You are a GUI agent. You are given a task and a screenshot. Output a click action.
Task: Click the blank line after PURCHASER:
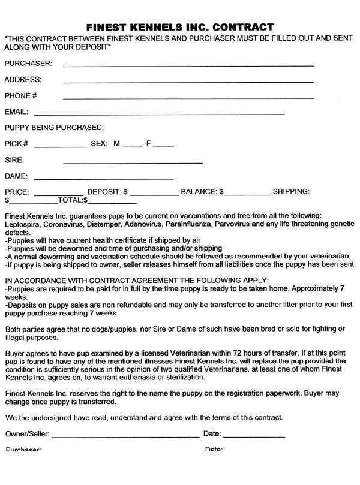pos(188,64)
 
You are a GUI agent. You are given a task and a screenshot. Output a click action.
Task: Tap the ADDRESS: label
pos(23,80)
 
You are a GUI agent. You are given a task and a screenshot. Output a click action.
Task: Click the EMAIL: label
pos(16,112)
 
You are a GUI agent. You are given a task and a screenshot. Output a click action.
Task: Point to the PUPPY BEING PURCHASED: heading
pos(54,128)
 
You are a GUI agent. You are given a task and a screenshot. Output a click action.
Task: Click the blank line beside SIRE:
pos(133,162)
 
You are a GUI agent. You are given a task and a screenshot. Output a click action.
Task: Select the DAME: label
pos(17,176)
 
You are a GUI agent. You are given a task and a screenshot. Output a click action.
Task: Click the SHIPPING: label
pos(291,192)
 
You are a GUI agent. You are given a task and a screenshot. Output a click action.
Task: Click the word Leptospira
pos(23,224)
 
